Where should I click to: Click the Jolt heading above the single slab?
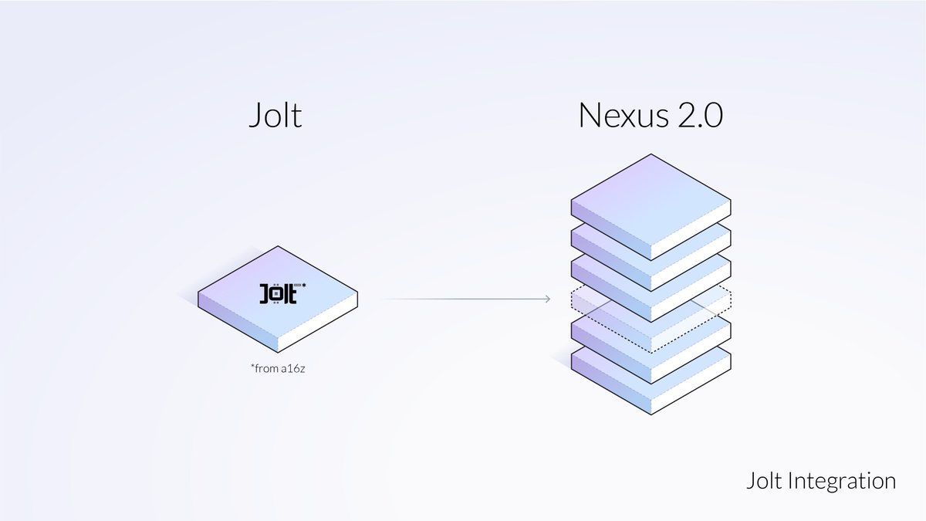click(x=275, y=116)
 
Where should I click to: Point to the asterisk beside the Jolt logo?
click(x=304, y=287)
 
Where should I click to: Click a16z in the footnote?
click(x=294, y=369)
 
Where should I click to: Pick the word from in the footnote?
click(x=265, y=369)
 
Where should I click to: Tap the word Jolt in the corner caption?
click(x=765, y=481)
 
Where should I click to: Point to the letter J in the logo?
click(x=264, y=296)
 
